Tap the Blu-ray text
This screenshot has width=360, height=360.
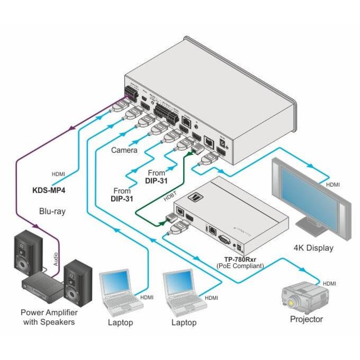coord(52,211)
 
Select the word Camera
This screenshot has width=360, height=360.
coord(124,150)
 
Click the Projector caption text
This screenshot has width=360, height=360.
coord(307,319)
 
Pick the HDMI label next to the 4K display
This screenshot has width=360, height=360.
coord(333,184)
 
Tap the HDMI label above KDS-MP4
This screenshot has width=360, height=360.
coord(58,174)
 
